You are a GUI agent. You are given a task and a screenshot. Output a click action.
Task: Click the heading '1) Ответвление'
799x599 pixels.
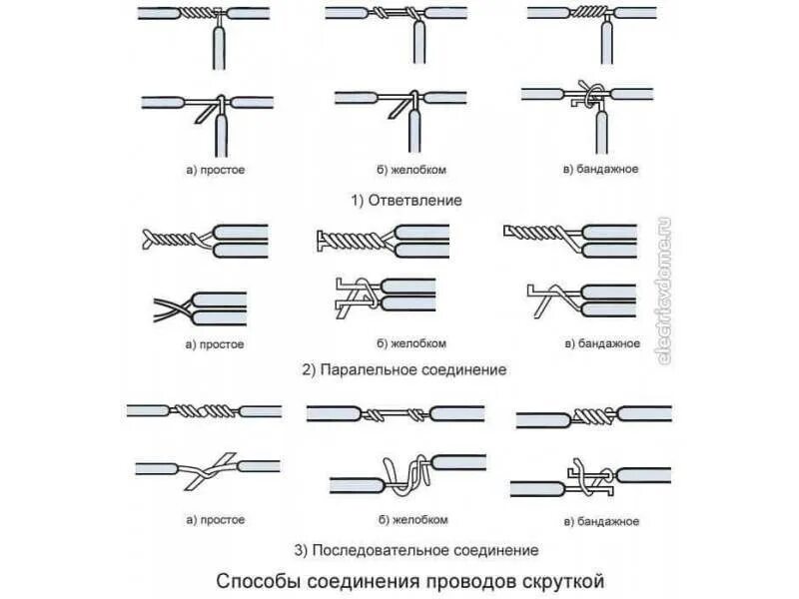405,200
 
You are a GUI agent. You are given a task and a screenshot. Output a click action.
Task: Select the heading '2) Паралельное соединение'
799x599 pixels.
404,369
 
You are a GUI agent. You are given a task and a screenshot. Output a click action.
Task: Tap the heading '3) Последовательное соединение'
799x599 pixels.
416,550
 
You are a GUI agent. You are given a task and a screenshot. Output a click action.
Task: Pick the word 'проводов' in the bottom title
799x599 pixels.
465,579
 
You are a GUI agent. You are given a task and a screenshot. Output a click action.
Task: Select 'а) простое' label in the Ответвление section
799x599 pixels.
215,170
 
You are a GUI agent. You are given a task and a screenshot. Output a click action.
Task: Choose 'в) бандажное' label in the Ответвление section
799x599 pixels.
601,170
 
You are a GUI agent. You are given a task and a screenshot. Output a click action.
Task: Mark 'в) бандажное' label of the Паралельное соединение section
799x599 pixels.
601,344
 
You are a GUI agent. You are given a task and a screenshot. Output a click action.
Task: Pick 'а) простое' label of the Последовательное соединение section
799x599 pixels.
215,520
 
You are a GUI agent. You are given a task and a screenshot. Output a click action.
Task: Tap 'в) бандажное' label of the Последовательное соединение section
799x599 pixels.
601,521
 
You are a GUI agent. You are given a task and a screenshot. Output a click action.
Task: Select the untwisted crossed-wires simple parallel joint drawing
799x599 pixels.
200,306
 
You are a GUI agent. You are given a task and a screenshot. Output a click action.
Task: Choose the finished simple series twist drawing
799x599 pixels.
205,410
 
